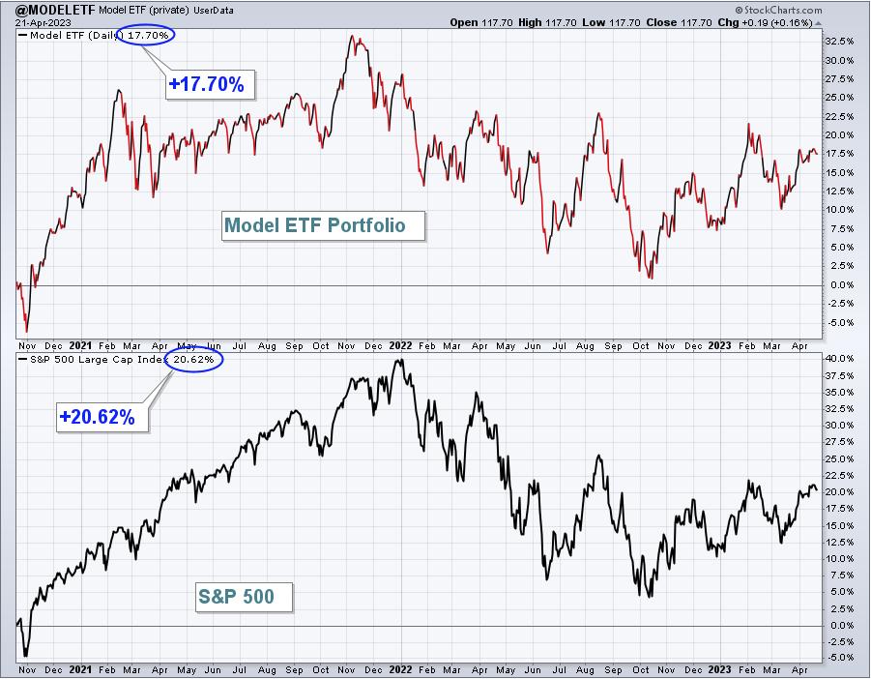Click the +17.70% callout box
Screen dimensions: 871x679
[210, 84]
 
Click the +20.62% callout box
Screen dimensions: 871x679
[102, 417]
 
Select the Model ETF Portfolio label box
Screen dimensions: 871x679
[323, 225]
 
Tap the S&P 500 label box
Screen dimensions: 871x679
[244, 597]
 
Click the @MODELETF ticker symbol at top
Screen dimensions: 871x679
[55, 10]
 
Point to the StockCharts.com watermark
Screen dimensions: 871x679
[778, 10]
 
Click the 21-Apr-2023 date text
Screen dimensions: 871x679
[43, 23]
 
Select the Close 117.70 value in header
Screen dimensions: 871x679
[679, 23]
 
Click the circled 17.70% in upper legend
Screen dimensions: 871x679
[146, 35]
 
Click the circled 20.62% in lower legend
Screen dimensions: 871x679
[193, 360]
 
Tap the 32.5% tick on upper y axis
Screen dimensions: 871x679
[839, 42]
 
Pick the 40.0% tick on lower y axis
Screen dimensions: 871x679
[839, 359]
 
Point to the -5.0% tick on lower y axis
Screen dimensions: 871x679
[839, 658]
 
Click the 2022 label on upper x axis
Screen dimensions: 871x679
[400, 345]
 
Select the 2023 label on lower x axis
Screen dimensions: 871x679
[719, 669]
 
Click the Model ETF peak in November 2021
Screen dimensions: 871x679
[352, 36]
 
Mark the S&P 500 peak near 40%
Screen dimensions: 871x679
[401, 360]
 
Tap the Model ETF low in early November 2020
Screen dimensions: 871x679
[26, 332]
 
